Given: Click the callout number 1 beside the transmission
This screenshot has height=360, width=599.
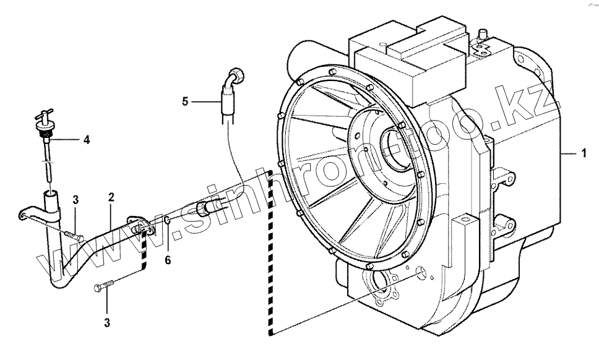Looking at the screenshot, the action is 584,153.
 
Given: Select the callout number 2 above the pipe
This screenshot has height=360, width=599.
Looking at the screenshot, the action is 111,197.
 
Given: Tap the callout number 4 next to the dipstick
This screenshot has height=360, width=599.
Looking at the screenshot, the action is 87,140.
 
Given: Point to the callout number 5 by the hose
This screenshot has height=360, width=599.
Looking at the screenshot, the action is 185,101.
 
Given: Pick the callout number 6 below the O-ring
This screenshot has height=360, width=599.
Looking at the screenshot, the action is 168,260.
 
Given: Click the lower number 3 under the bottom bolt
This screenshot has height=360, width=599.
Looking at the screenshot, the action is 107,323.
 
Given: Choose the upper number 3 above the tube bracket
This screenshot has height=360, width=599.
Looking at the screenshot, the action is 75,199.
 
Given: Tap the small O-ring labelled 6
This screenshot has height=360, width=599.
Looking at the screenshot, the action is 168,220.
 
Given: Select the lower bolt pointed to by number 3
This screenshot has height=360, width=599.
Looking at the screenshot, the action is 104,285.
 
